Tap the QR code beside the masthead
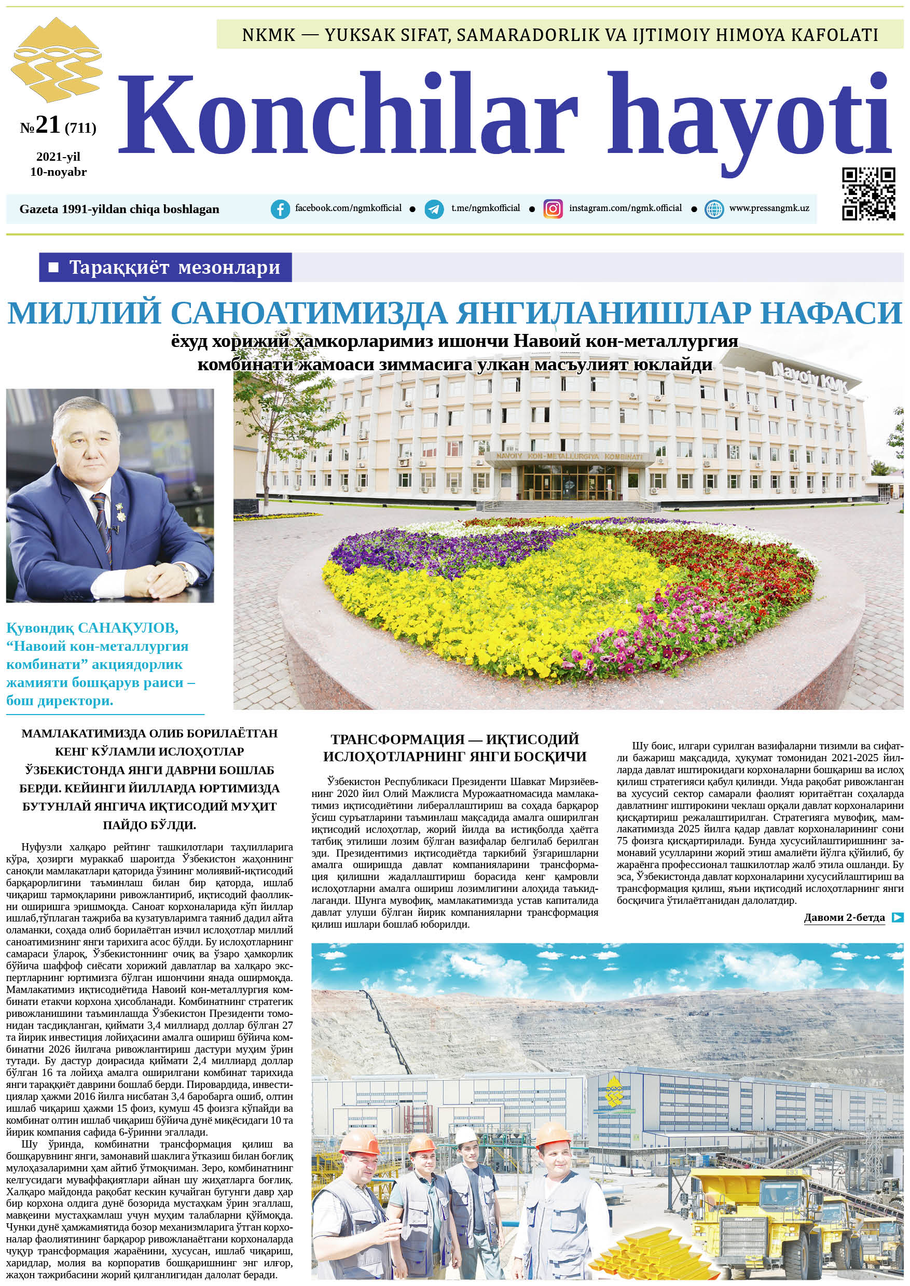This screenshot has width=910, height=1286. (x=868, y=193)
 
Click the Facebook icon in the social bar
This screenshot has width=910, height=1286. (x=280, y=209)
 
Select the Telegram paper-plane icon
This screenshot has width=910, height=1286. (x=434, y=209)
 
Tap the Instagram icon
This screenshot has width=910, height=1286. (x=553, y=209)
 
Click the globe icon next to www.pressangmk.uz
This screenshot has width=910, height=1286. (x=714, y=209)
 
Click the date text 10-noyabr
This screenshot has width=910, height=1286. (x=58, y=172)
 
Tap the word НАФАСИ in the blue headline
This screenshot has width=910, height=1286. (x=832, y=313)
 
